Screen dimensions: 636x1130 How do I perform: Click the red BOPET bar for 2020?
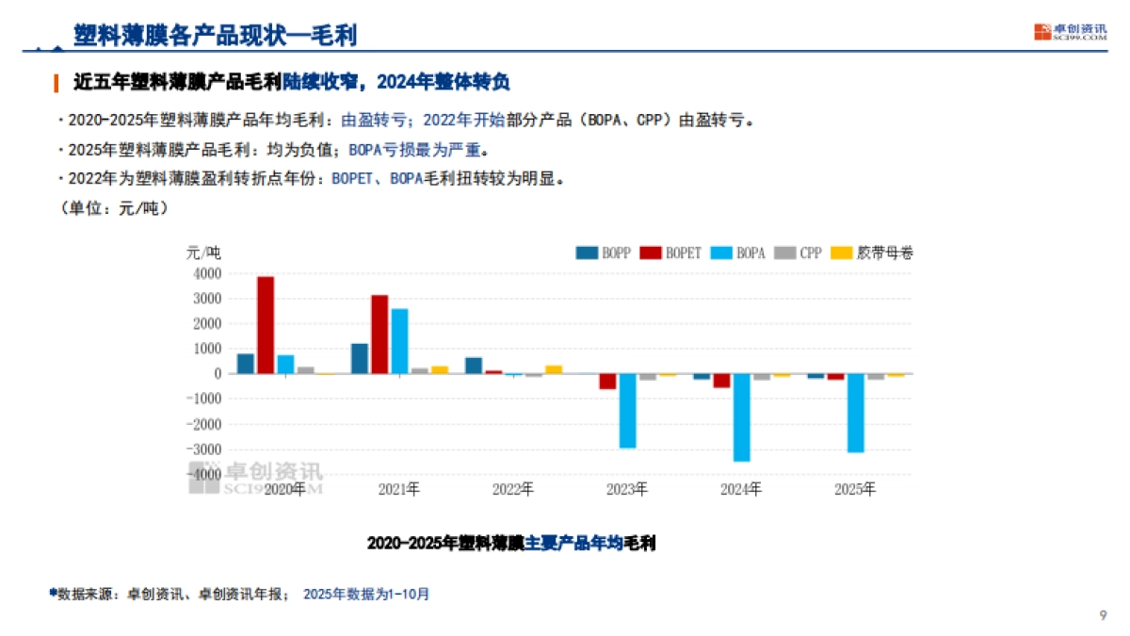click(x=266, y=325)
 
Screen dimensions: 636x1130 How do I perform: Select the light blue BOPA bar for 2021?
click(x=399, y=341)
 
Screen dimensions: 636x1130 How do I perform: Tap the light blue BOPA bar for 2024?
click(x=741, y=417)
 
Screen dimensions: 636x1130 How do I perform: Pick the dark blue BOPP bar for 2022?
click(x=474, y=366)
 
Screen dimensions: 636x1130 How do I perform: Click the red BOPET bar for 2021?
click(x=379, y=334)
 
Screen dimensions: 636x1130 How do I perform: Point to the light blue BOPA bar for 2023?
click(x=627, y=411)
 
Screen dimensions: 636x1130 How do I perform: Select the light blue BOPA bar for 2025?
click(x=855, y=413)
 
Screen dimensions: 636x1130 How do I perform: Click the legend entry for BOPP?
click(x=604, y=253)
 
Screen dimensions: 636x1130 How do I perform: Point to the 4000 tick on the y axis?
click(x=208, y=274)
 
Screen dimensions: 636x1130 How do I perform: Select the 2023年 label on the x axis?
click(x=627, y=490)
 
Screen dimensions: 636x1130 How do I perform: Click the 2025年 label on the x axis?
click(x=855, y=490)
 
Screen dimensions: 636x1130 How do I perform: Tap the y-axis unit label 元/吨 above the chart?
click(x=203, y=253)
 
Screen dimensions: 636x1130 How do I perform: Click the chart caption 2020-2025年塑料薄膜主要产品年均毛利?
click(x=510, y=544)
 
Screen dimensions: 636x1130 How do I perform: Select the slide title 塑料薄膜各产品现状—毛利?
click(x=215, y=34)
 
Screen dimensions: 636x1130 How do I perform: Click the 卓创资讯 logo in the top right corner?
click(x=1070, y=32)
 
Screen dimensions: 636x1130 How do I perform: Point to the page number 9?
click(x=1103, y=615)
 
